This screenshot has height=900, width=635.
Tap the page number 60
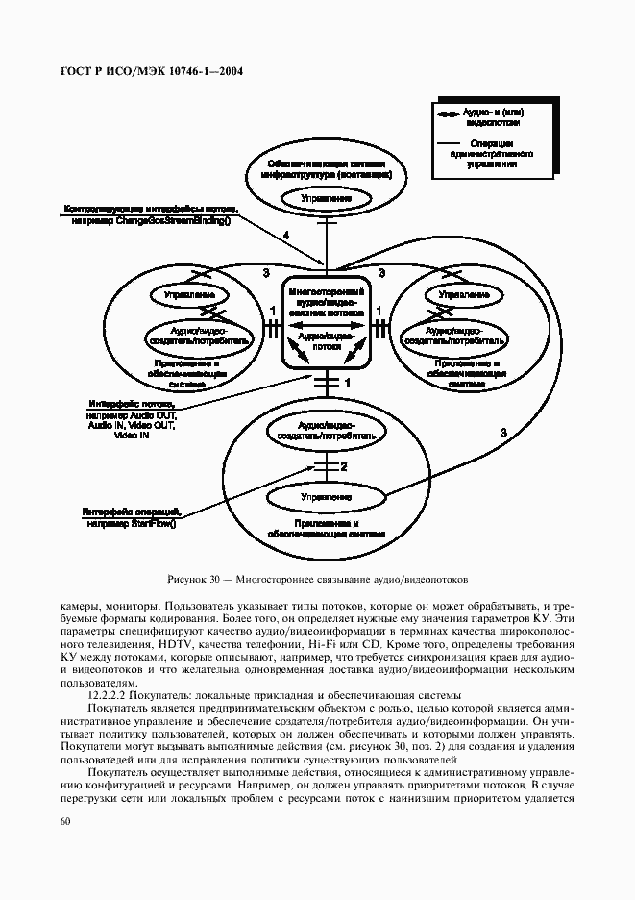[x=65, y=820]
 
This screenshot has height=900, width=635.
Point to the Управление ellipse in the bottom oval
[x=325, y=497]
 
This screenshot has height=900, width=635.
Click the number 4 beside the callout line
[x=285, y=236]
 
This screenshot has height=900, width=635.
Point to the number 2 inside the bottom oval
[x=342, y=466]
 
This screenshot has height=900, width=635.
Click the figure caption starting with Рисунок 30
[x=317, y=581]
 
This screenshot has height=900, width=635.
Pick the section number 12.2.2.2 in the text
[x=113, y=695]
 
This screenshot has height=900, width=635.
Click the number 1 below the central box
[x=348, y=383]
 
